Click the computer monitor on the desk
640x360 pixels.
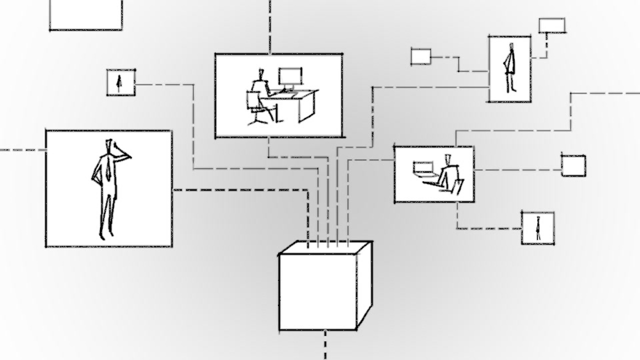(x=290, y=77)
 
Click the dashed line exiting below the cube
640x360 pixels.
(x=325, y=345)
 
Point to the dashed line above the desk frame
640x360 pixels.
(x=270, y=25)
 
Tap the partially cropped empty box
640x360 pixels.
(x=85, y=14)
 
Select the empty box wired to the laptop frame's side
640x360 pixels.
(x=573, y=165)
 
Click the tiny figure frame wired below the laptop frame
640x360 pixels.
(x=537, y=228)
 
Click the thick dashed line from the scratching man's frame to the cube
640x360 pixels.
(x=240, y=190)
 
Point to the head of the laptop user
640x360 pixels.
(x=448, y=158)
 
